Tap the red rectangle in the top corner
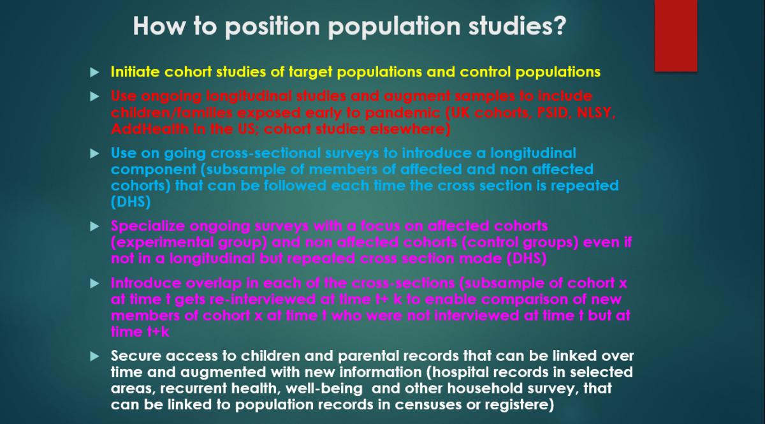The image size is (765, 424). (676, 35)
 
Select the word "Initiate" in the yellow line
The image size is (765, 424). (135, 72)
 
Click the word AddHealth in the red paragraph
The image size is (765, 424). (143, 129)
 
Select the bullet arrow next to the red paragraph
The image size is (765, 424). (95, 97)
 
